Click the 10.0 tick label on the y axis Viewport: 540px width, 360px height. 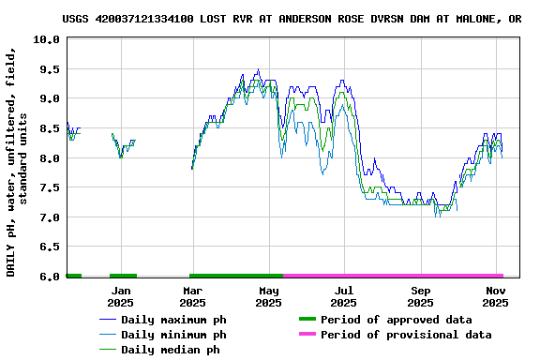coord(46,39)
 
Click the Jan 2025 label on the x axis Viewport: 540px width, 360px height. coord(120,296)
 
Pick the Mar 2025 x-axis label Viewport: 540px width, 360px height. coord(192,296)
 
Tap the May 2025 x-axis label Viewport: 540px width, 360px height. coord(269,296)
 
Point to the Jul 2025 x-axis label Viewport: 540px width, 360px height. coord(344,296)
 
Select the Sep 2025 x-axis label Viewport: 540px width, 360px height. coord(421,296)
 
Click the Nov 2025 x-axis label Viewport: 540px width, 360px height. coord(495,296)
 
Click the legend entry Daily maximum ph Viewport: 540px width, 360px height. coord(173,320)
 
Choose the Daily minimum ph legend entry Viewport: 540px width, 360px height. coord(173,335)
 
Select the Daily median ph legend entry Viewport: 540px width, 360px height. coord(170,350)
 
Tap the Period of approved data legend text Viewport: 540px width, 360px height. coord(394,320)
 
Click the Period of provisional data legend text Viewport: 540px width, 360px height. coord(405,335)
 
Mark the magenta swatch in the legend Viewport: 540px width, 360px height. coord(306,335)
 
